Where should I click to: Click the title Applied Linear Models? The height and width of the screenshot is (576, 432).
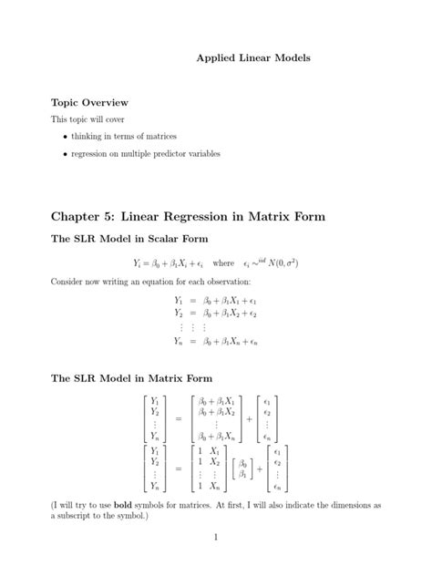(253, 57)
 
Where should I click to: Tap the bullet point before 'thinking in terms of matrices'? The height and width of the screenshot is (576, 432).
(65, 137)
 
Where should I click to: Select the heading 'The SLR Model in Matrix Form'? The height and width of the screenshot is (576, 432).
(131, 377)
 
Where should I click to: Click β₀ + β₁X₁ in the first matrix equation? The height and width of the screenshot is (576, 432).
(217, 400)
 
